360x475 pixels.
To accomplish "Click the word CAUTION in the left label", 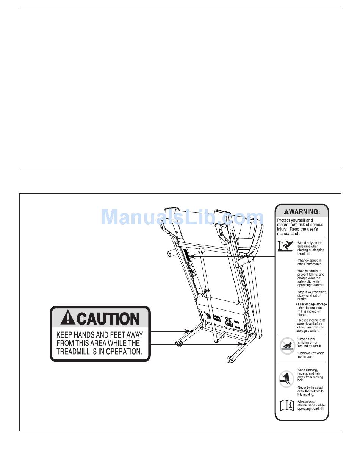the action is (109, 319).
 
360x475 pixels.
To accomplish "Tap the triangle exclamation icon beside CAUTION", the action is (67, 318).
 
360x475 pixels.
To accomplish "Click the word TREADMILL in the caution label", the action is (74, 352).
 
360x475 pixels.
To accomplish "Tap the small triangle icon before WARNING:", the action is (287, 211).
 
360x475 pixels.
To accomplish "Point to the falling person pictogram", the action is (285, 246).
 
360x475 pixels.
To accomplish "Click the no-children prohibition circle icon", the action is (287, 345).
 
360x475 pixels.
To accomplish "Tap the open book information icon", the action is (287, 406).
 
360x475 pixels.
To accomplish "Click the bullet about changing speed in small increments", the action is (309, 262).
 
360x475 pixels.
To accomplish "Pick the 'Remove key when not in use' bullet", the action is (311, 355).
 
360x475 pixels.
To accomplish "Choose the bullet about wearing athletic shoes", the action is (311, 405).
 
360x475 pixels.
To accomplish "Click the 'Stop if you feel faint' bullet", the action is (311, 295).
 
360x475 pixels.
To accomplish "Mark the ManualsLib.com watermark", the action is (182, 217).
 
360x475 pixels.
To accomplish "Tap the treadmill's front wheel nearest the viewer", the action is (229, 359).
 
